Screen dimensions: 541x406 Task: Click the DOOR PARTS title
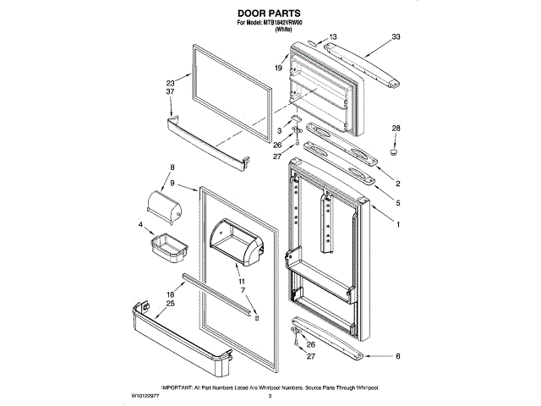pyautogui.click(x=269, y=14)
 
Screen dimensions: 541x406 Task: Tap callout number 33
pyautogui.click(x=396, y=37)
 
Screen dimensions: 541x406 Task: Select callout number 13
pyautogui.click(x=332, y=37)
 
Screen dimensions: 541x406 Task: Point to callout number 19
pyautogui.click(x=277, y=67)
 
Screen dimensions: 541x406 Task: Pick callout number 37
pyautogui.click(x=170, y=92)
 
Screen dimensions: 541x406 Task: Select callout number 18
pyautogui.click(x=170, y=294)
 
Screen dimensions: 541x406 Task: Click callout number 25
pyautogui.click(x=170, y=303)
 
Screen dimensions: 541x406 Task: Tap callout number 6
pyautogui.click(x=398, y=358)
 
